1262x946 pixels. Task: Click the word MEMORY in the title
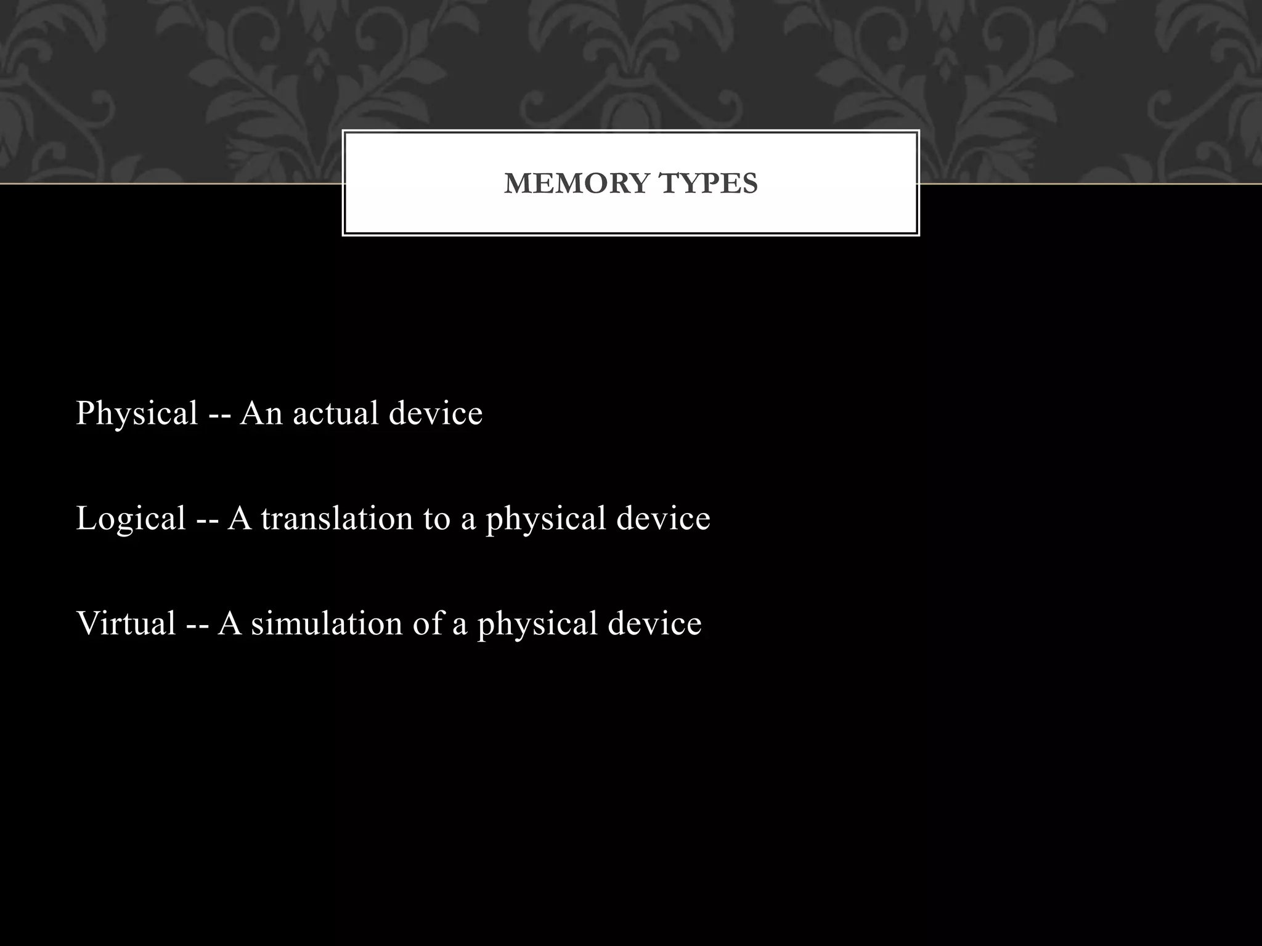(x=577, y=184)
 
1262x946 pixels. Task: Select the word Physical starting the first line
(x=137, y=413)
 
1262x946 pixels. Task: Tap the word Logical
(x=131, y=518)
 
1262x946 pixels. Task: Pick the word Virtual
(x=126, y=623)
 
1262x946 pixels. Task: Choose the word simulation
(x=327, y=623)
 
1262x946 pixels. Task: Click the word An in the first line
(x=261, y=413)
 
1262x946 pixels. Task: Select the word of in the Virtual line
(x=428, y=623)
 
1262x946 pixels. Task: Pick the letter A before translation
(x=240, y=518)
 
